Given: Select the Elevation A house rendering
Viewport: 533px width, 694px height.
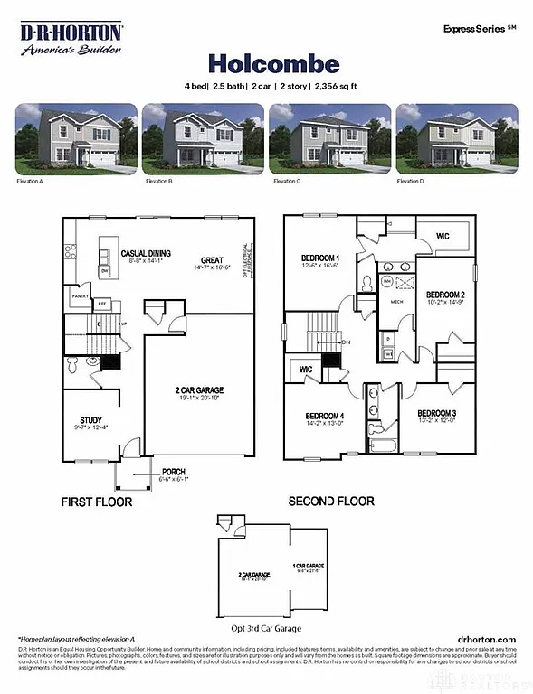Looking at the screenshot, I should pyautogui.click(x=76, y=138).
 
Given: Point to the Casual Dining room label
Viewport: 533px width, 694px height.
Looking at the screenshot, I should pyautogui.click(x=146, y=254).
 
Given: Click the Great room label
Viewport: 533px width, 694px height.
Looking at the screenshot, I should pyautogui.click(x=213, y=262).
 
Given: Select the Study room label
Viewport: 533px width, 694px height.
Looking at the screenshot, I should pyautogui.click(x=90, y=420).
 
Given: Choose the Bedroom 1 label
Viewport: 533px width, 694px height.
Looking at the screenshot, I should pyautogui.click(x=319, y=258).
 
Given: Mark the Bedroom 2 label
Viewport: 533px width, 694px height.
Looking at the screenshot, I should pyautogui.click(x=445, y=295).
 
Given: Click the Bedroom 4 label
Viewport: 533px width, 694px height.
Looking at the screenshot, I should pyautogui.click(x=324, y=417).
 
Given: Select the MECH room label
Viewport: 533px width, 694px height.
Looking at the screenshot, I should pyautogui.click(x=395, y=303).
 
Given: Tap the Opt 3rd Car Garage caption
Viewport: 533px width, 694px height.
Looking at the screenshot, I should pyautogui.click(x=262, y=628).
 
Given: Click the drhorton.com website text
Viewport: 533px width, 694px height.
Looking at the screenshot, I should pyautogui.click(x=487, y=639).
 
